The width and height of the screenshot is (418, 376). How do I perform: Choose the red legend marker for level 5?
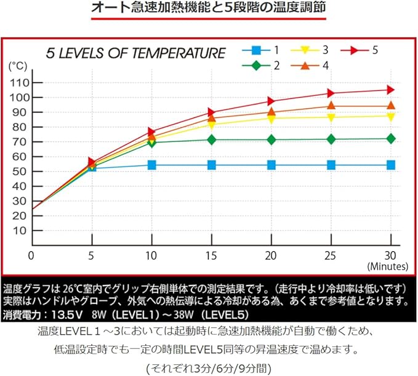coord(355,50)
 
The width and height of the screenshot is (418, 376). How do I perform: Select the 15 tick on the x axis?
coord(211,254)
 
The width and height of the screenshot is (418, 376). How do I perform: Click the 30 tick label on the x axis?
coord(390,254)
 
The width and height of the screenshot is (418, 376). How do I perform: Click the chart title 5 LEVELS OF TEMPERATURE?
coord(136,53)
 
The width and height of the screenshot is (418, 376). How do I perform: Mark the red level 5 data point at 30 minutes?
coord(390,90)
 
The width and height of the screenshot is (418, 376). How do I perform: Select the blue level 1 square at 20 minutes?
coord(271,165)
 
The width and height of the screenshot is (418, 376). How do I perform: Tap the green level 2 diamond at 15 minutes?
coord(211,139)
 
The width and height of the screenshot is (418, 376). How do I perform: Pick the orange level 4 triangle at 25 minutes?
coord(331,106)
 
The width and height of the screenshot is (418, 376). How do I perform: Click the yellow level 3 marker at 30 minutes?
coord(390,116)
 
